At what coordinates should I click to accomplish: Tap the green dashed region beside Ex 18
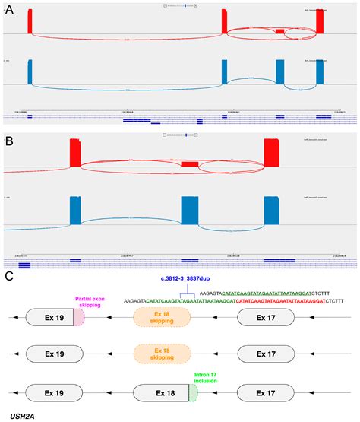193,393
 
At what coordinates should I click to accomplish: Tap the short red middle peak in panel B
189,164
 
